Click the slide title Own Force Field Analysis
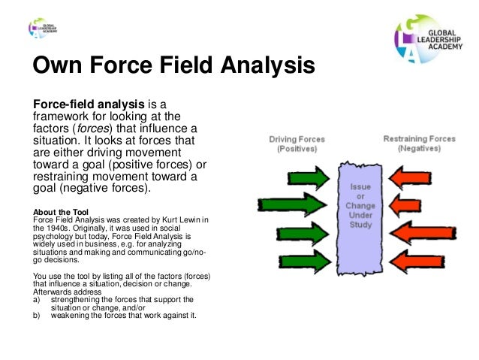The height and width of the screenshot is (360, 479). [x=173, y=67]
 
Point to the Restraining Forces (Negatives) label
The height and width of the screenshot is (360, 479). [x=420, y=144]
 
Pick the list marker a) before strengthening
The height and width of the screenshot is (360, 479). [x=37, y=299]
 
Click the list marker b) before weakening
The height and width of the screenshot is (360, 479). [x=37, y=315]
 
